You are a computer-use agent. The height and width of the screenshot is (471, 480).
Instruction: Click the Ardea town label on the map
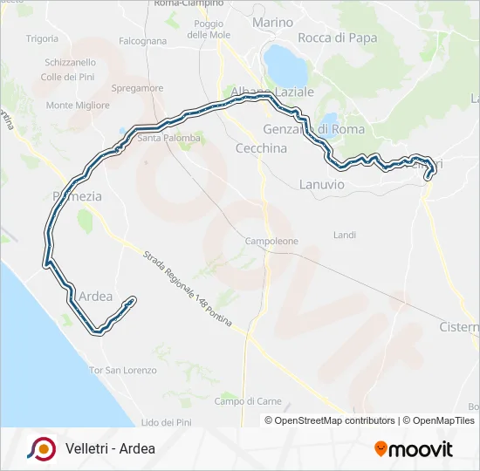pos(96,296)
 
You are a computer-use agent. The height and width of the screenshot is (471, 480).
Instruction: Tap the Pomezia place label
pos(78,196)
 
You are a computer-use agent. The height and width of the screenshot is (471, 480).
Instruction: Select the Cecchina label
pos(261,148)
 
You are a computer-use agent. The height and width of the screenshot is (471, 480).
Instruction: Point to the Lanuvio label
pos(322,185)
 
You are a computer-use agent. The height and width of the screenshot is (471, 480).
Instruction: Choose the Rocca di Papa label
pos(337,38)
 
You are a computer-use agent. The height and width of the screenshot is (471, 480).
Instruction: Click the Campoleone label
pos(271,241)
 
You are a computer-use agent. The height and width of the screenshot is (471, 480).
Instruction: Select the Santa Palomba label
pos(169,138)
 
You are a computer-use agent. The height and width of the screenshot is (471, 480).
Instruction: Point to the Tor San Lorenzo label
pos(123,371)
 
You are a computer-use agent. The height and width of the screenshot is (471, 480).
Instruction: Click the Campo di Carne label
pos(248,401)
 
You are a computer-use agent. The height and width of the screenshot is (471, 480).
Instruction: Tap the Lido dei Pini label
pos(165,422)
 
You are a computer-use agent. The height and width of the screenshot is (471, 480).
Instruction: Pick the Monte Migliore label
pos(78,106)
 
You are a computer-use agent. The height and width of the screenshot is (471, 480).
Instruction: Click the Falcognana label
pos(142,41)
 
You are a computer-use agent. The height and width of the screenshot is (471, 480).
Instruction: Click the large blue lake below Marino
pos(285,63)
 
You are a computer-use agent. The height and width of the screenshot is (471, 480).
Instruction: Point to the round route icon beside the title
pos(40,449)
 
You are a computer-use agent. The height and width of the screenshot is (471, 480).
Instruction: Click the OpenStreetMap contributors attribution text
pos(334,420)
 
